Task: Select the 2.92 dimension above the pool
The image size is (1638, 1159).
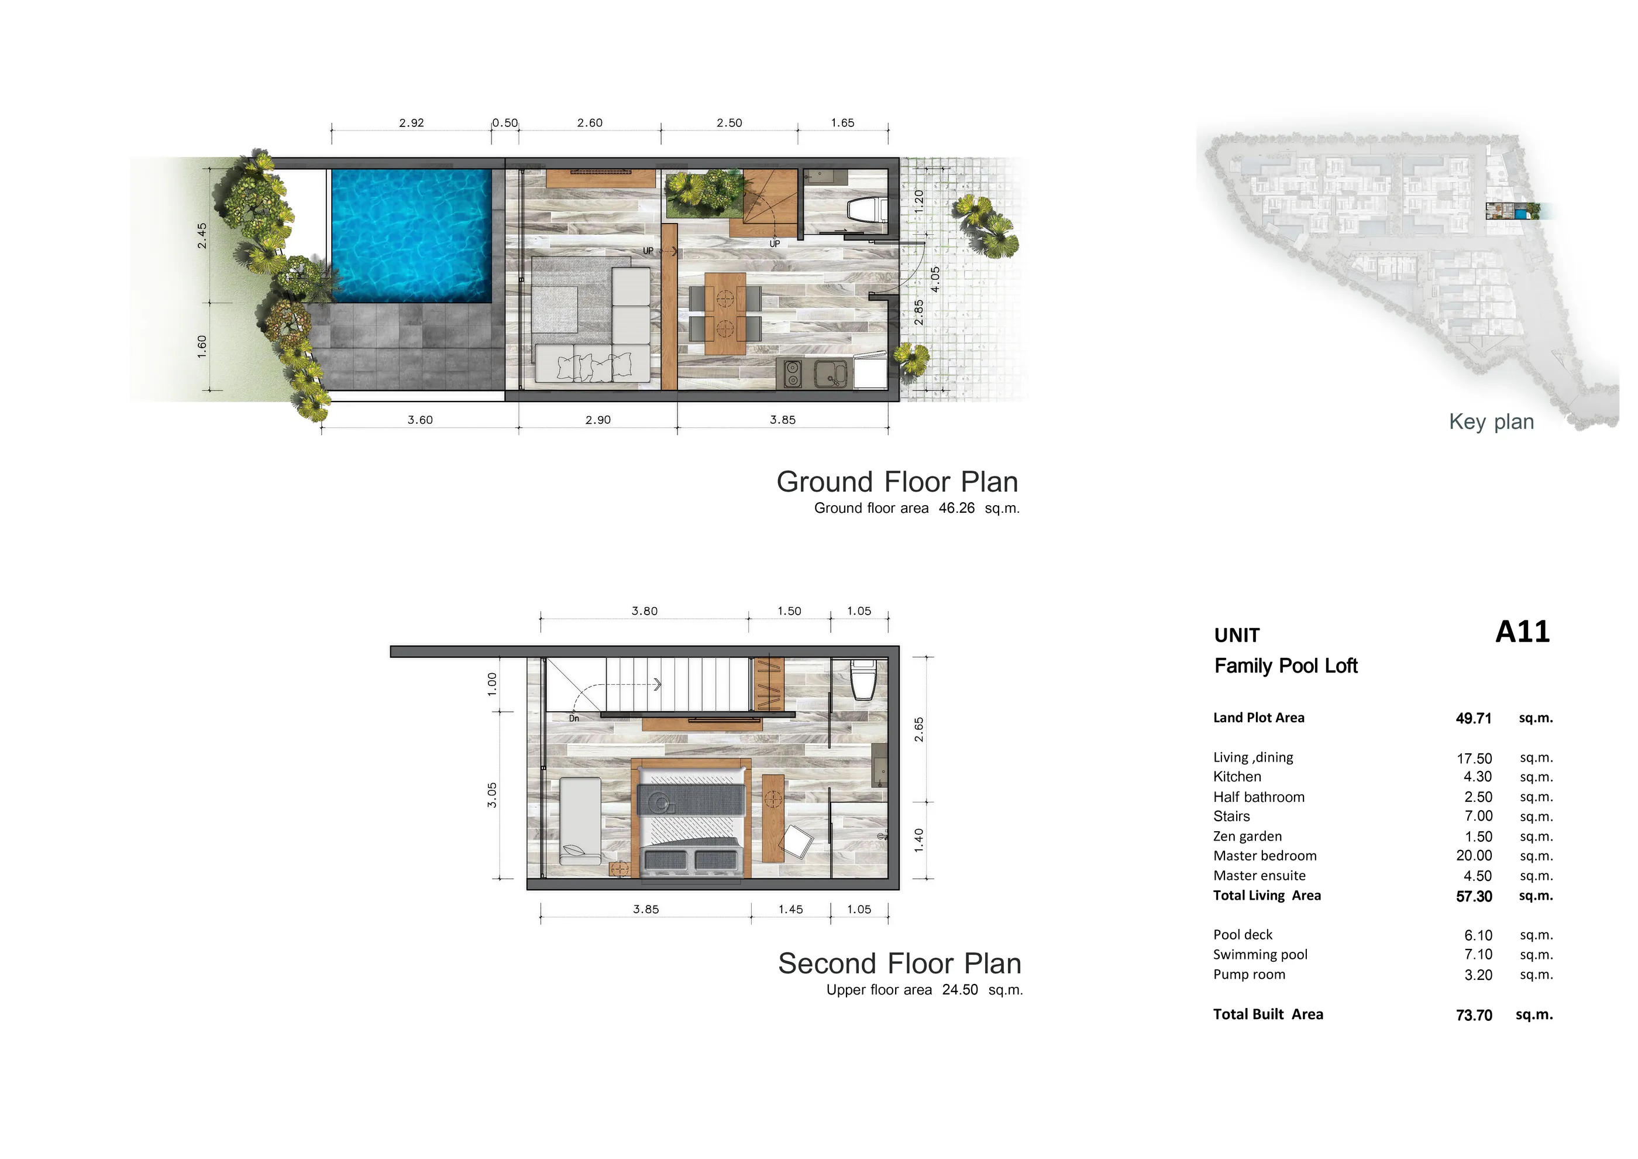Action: tap(412, 123)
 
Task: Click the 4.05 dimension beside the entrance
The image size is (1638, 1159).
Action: tap(935, 279)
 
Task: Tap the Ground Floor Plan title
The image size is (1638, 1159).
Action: tap(897, 482)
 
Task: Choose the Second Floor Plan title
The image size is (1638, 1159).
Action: tap(900, 963)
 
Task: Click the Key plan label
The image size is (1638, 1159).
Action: tap(1491, 422)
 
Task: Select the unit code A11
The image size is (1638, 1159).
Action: tap(1522, 632)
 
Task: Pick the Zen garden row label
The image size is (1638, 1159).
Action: tap(1247, 836)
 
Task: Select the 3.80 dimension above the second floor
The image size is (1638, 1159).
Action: tap(644, 611)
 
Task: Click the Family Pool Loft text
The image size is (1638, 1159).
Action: tap(1286, 666)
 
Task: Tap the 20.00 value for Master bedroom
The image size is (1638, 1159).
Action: tap(1474, 856)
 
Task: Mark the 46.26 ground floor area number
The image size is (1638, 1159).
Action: tap(956, 508)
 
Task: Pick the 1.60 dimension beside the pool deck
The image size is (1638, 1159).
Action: tap(202, 346)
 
